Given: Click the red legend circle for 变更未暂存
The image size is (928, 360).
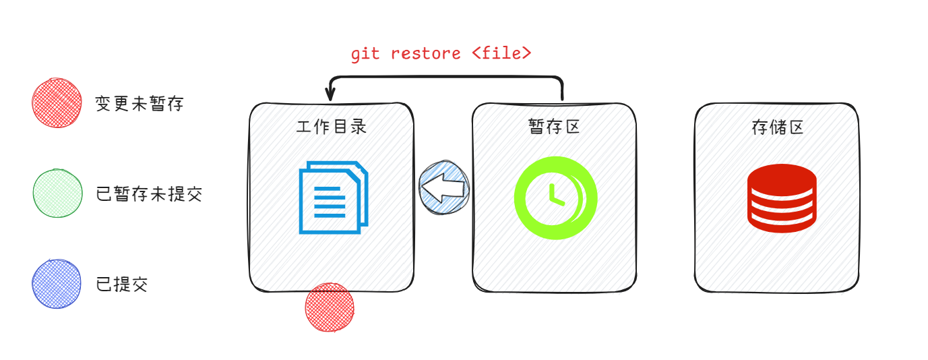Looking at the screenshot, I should (57, 103).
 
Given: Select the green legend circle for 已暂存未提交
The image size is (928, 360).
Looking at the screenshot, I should (57, 193).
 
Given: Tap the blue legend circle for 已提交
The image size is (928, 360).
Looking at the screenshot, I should (57, 284).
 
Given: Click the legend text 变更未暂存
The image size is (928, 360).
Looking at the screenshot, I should (140, 104).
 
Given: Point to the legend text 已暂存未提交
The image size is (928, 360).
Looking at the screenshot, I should (149, 194).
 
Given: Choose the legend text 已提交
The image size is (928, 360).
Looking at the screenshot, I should (122, 284).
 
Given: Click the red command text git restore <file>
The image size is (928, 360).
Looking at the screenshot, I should (441, 54).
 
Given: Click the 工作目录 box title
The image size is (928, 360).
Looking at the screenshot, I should (332, 127).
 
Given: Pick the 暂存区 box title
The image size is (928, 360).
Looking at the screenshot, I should (554, 127).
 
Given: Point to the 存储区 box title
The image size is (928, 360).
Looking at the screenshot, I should (777, 127).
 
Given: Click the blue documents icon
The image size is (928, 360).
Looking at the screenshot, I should (334, 197).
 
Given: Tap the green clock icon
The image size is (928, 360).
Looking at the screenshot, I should (555, 198).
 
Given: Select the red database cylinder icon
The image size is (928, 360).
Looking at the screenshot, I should (782, 198).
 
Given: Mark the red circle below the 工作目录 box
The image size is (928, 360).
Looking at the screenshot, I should (330, 307).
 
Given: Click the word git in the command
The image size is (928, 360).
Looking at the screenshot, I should (365, 54).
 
